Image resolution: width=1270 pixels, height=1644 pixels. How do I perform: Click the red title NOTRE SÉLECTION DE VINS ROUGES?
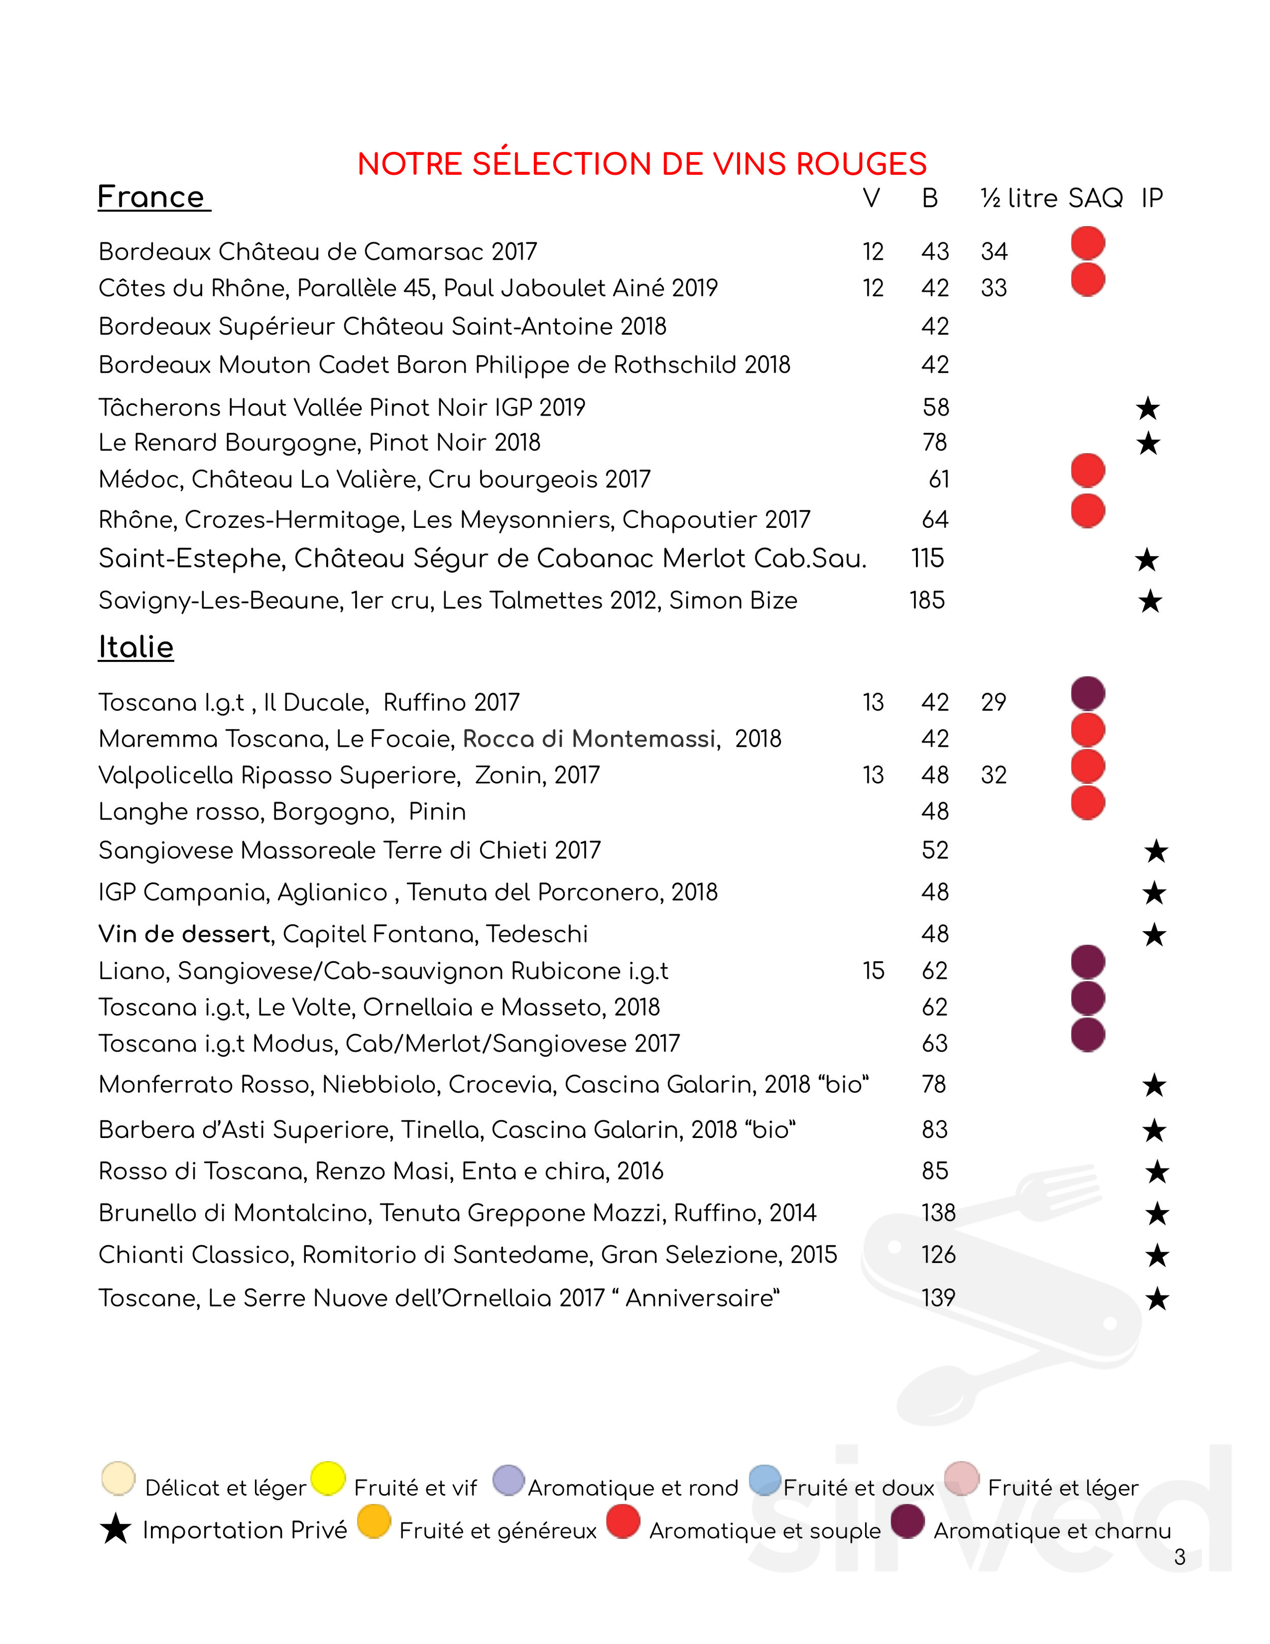pos(642,164)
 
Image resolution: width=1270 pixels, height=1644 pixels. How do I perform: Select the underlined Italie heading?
pos(136,647)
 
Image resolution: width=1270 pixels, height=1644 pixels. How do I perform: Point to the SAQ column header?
pos(1095,198)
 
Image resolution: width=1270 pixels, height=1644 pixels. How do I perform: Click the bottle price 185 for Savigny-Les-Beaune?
pos(927,600)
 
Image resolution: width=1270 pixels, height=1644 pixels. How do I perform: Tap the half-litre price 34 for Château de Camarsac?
pos(994,251)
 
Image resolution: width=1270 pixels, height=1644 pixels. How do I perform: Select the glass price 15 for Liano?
pos(873,970)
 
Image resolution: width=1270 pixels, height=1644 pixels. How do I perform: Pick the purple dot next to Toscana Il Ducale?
pos(1087,693)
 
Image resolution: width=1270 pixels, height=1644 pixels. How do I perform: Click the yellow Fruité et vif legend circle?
pos(328,1478)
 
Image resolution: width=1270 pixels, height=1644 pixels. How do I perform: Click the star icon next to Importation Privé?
pos(115,1530)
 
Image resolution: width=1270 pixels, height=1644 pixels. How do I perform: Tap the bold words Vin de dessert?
pos(184,934)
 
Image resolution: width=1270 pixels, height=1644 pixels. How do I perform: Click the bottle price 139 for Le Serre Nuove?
pos(938,1298)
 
